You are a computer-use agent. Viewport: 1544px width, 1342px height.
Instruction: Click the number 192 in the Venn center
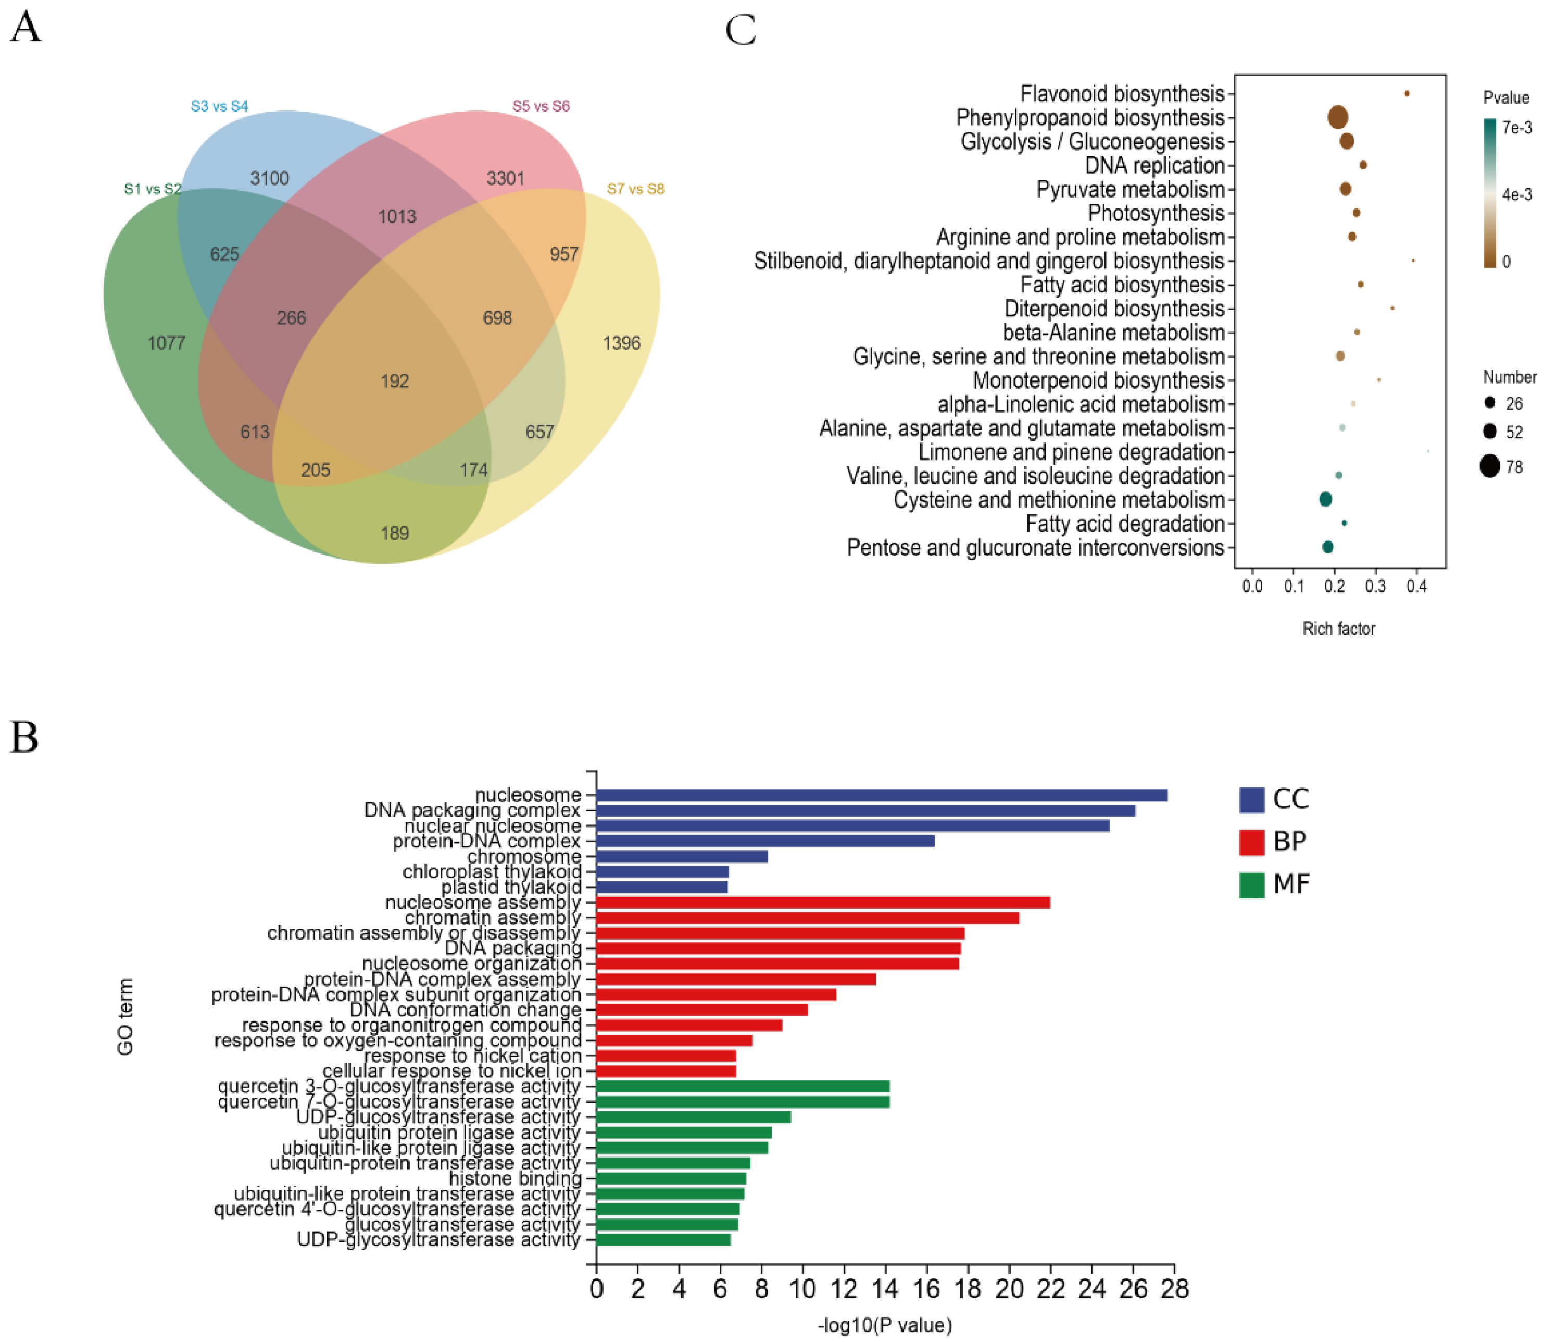point(394,381)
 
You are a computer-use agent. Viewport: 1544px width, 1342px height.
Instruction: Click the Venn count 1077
point(166,343)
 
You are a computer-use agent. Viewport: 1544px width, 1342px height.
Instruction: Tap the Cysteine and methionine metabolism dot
point(1325,499)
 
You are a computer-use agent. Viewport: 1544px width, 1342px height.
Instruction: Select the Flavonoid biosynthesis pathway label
point(1122,94)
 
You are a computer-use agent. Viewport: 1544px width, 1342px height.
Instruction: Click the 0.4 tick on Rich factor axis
point(1416,586)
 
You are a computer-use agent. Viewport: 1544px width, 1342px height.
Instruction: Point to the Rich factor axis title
point(1338,629)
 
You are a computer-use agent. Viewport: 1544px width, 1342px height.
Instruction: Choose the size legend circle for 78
point(1489,466)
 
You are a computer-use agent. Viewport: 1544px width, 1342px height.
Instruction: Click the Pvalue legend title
point(1506,98)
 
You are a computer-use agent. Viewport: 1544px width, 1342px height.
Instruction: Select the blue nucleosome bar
point(881,795)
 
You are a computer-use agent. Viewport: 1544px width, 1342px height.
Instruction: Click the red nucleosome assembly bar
point(823,903)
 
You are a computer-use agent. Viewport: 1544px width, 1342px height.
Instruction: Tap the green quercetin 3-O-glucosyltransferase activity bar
point(743,1087)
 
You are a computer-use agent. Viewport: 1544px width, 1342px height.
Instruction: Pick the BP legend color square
point(1251,842)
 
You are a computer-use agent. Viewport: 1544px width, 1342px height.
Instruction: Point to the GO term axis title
point(125,1017)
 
